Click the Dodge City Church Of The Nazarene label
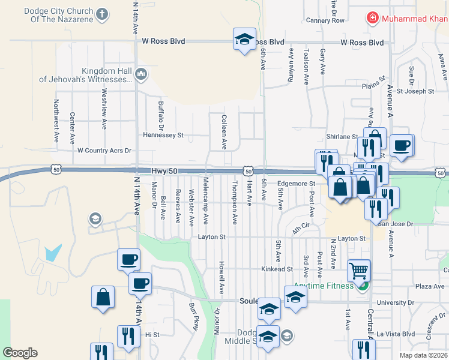(59, 16)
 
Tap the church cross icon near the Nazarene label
(102, 14)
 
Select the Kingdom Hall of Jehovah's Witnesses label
(85, 75)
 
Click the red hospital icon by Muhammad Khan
(373, 19)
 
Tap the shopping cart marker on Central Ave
(359, 271)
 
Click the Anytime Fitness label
(324, 286)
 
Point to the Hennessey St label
(163, 136)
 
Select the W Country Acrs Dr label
(104, 151)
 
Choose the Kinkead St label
(277, 269)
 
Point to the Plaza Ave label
(430, 287)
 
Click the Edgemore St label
(296, 184)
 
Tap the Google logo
(20, 353)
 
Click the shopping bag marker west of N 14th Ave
(103, 297)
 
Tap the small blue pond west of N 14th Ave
(53, 252)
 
